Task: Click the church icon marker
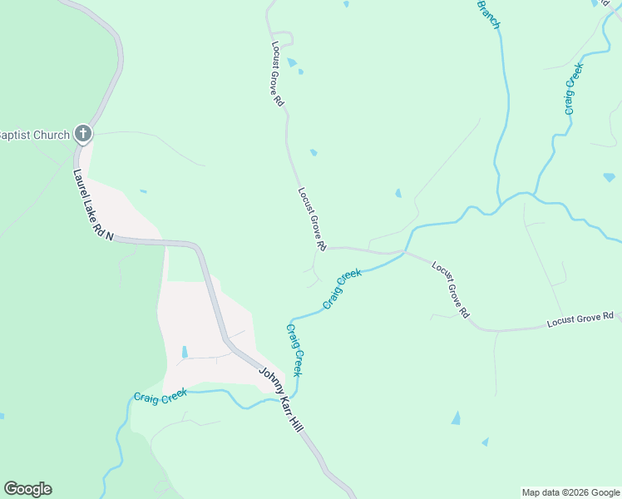(82, 133)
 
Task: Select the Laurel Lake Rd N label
(93, 205)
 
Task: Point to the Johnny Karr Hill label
(279, 399)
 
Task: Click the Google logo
(27, 489)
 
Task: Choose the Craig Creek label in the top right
(570, 89)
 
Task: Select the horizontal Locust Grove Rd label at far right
(580, 319)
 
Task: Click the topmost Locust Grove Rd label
(278, 73)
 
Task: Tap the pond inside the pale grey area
(185, 352)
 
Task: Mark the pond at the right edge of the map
(610, 177)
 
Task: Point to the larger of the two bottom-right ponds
(456, 417)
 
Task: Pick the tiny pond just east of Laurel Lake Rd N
(144, 191)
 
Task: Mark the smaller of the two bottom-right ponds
(485, 442)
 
